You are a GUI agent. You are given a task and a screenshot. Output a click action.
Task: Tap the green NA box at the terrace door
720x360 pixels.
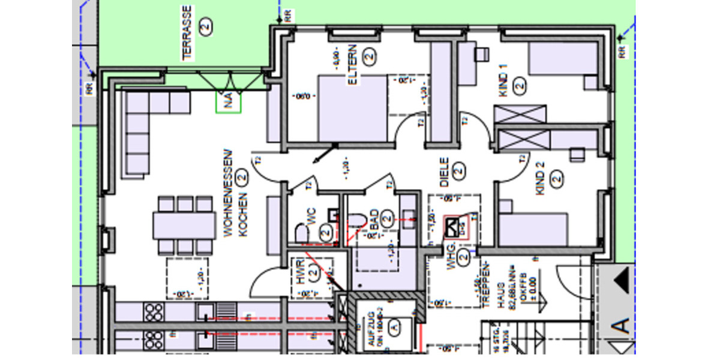228,103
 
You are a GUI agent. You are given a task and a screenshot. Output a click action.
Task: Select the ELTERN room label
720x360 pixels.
352,64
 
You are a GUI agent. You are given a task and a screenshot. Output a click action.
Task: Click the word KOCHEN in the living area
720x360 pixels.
243,215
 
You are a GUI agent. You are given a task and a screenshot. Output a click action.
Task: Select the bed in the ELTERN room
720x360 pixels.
352,108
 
